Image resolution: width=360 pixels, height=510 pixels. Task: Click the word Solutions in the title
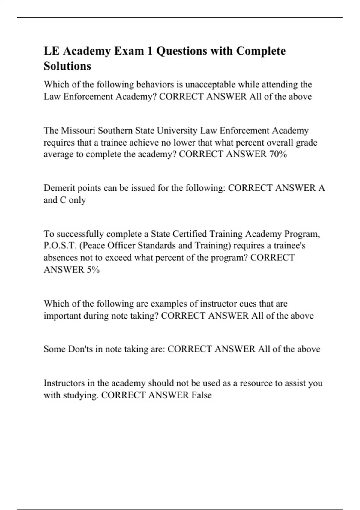click(67, 66)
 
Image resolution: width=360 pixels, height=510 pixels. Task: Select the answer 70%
click(278, 154)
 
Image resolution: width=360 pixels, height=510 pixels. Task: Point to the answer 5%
click(93, 270)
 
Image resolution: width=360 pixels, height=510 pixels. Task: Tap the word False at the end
click(202, 395)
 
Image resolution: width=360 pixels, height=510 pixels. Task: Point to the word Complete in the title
click(261, 51)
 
